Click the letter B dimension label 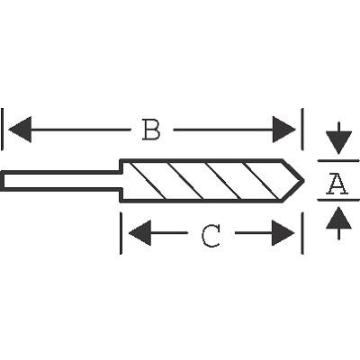point(151,130)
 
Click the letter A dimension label point(338,184)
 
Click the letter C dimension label point(211,236)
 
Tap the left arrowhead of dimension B point(20,130)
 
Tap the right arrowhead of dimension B point(284,130)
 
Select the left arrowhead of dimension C point(139,233)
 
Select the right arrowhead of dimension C point(283,233)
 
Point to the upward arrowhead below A point(338,218)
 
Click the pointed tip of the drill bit point(304,181)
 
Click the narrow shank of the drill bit point(61,181)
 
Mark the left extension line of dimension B point(2,129)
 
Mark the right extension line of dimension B point(302,129)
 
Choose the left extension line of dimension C point(121,233)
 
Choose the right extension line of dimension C point(302,233)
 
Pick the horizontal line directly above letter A point(338,161)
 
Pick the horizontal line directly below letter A point(338,200)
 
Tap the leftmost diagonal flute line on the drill point(148,181)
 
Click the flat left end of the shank point(2,181)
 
